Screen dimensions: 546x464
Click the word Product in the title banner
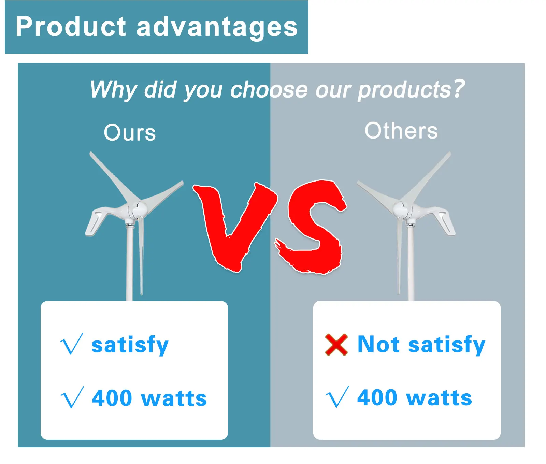(71, 27)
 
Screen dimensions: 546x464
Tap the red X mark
(336, 345)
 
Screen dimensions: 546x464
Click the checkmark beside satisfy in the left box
(72, 344)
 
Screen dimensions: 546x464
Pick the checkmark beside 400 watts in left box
(72, 397)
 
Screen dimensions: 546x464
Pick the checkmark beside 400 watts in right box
(337, 397)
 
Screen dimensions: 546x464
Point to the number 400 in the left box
(112, 398)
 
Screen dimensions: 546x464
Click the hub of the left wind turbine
(138, 209)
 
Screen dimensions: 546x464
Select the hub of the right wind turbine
(400, 209)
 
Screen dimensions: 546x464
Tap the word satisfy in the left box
(130, 345)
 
